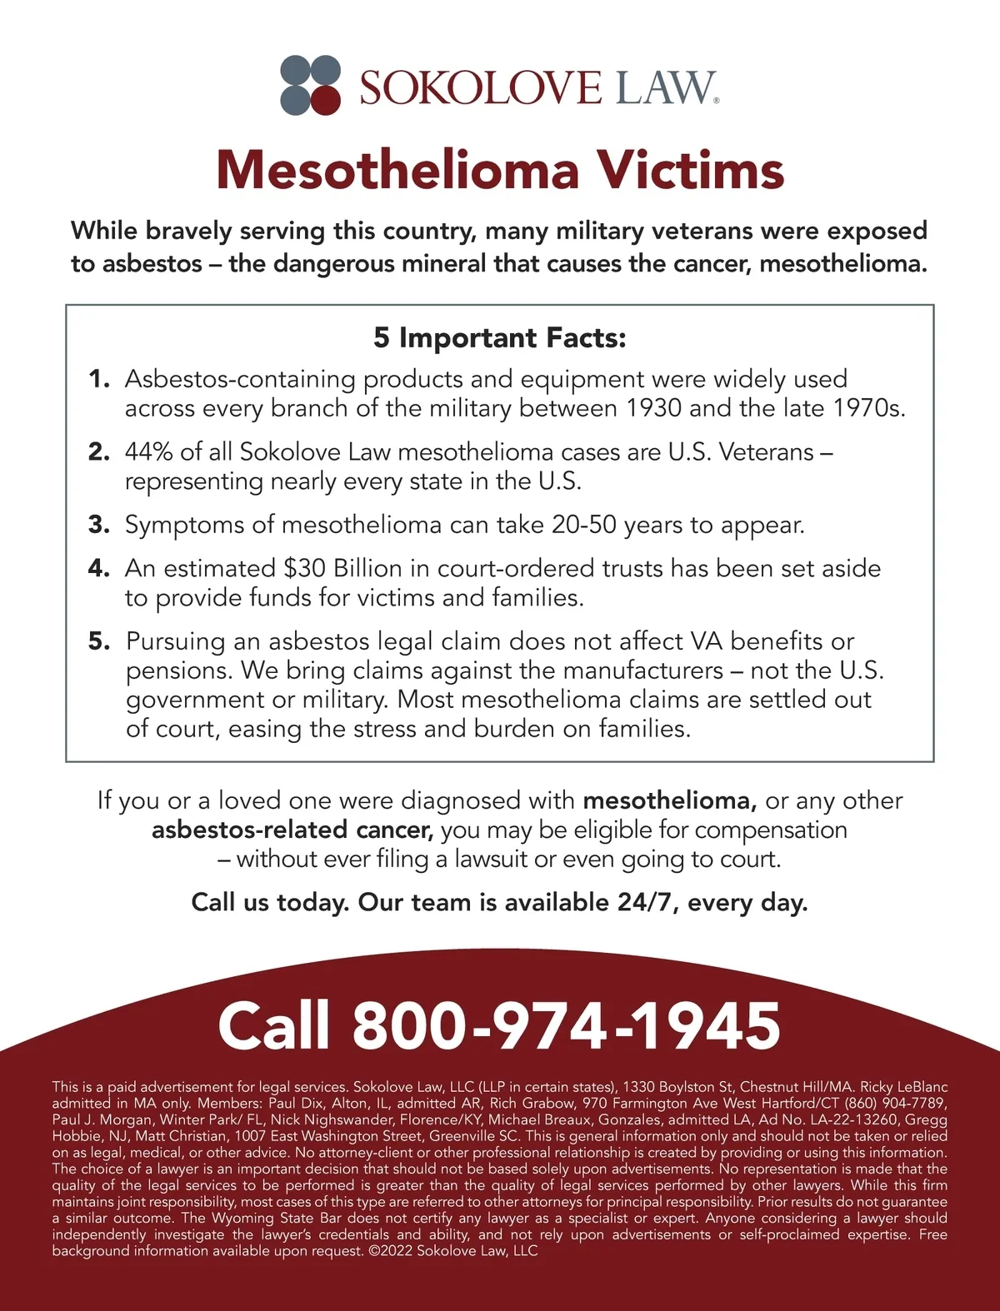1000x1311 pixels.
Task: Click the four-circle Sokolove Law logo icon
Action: (311, 84)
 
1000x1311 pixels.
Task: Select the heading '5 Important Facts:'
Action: (499, 337)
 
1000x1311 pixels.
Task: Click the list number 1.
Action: (99, 379)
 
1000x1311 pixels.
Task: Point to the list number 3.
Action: (99, 525)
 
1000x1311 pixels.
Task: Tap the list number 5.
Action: (99, 641)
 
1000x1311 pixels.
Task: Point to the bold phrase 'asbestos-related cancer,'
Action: (292, 830)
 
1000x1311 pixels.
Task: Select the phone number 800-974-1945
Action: (567, 1025)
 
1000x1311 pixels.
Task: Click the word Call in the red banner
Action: (274, 1025)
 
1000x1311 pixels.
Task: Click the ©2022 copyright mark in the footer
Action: (390, 1251)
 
